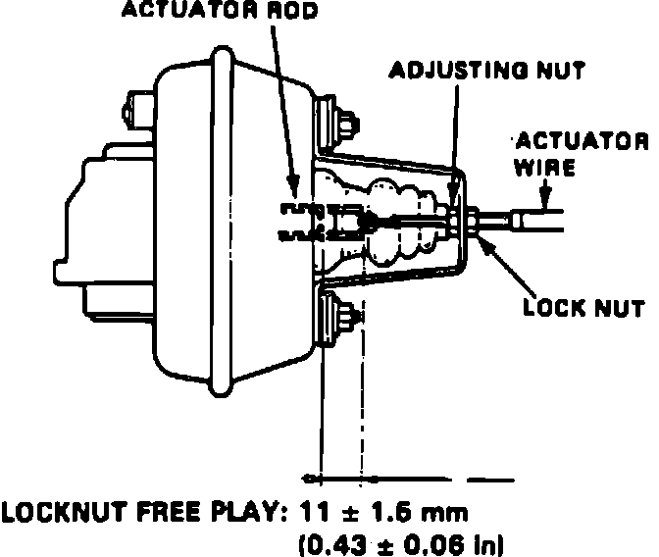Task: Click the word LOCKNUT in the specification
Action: (x=64, y=512)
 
